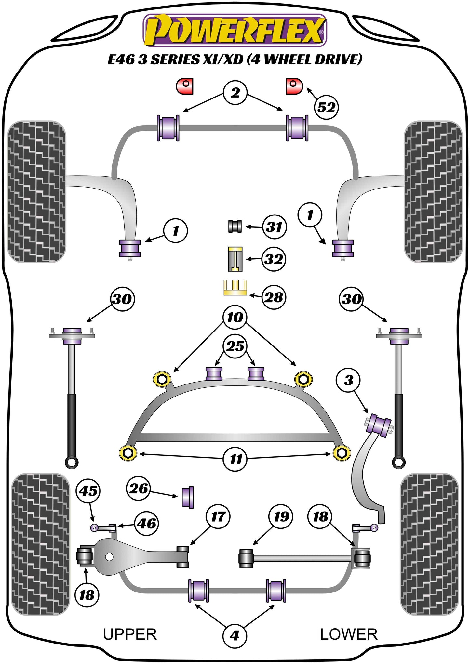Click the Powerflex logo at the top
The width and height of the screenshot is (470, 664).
pyautogui.click(x=235, y=30)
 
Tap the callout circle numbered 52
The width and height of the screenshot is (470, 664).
pyautogui.click(x=326, y=107)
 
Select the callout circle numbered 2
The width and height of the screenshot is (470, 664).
pyautogui.click(x=235, y=93)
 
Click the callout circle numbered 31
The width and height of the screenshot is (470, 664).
pyautogui.click(x=274, y=227)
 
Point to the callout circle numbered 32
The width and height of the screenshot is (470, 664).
pyautogui.click(x=274, y=259)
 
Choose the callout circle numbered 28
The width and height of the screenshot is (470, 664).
pyautogui.click(x=274, y=297)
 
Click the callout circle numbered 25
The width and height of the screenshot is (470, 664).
pyautogui.click(x=235, y=346)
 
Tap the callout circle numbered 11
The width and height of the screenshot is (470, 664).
pyautogui.click(x=236, y=459)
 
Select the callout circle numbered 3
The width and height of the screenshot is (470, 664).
pyautogui.click(x=349, y=380)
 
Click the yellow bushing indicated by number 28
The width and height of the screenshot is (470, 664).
pyautogui.click(x=235, y=288)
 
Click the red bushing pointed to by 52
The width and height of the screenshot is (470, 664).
pyautogui.click(x=294, y=86)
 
